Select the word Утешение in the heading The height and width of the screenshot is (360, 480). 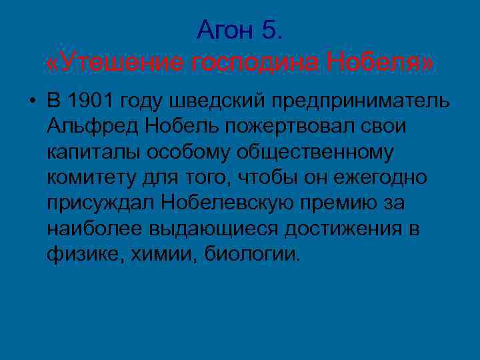tap(117, 63)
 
